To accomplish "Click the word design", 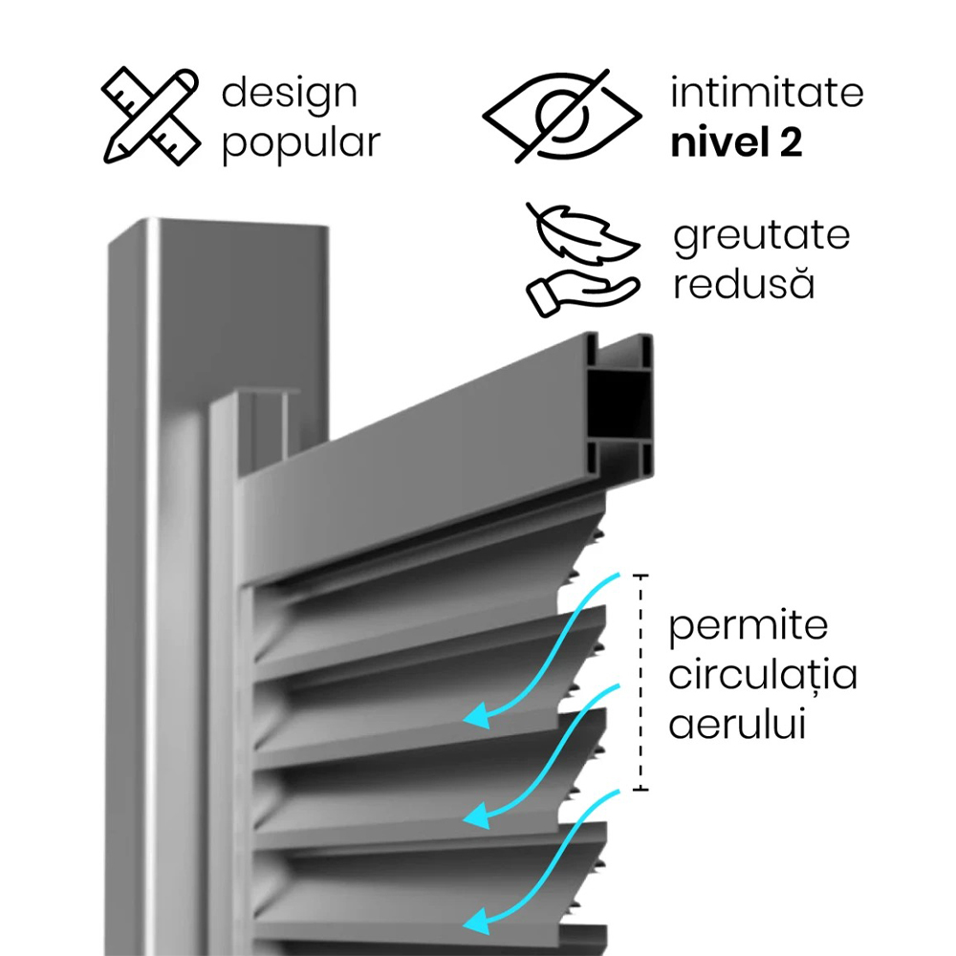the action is coord(289,94).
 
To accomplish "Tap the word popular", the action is coord(301,143).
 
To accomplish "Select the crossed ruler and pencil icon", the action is coord(151,116).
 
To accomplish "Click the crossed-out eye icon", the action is coord(561,116).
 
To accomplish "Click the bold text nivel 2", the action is coord(736,142).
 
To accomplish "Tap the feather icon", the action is coord(583,235).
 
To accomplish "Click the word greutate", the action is coord(762,236).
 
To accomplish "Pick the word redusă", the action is coord(744,283).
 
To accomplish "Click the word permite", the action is coord(749,626).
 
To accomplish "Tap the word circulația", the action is coord(763,673).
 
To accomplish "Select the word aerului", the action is coord(737,724).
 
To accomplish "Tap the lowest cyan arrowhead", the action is coord(479,921).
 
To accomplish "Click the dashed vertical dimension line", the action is coord(641,683).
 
